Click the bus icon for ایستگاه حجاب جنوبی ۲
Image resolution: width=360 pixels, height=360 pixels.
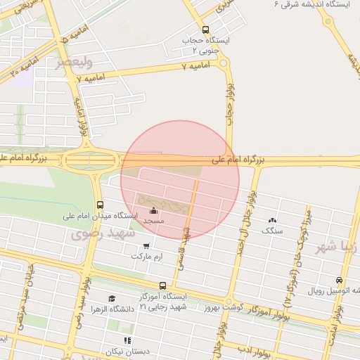(x=205, y=30)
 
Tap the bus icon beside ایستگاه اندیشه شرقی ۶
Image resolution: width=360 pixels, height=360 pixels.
(x=328, y=21)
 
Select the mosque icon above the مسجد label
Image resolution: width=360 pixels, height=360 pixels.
(x=154, y=210)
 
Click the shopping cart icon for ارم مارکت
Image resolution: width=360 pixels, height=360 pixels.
(x=146, y=246)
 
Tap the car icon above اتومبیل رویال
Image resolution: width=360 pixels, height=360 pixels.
(x=340, y=280)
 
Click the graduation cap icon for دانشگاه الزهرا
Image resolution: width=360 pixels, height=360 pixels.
(x=112, y=299)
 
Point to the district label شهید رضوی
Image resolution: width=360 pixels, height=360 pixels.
(x=103, y=235)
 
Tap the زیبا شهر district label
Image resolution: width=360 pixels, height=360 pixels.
(x=337, y=247)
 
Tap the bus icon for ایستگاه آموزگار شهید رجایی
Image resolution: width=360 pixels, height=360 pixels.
(x=163, y=286)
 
